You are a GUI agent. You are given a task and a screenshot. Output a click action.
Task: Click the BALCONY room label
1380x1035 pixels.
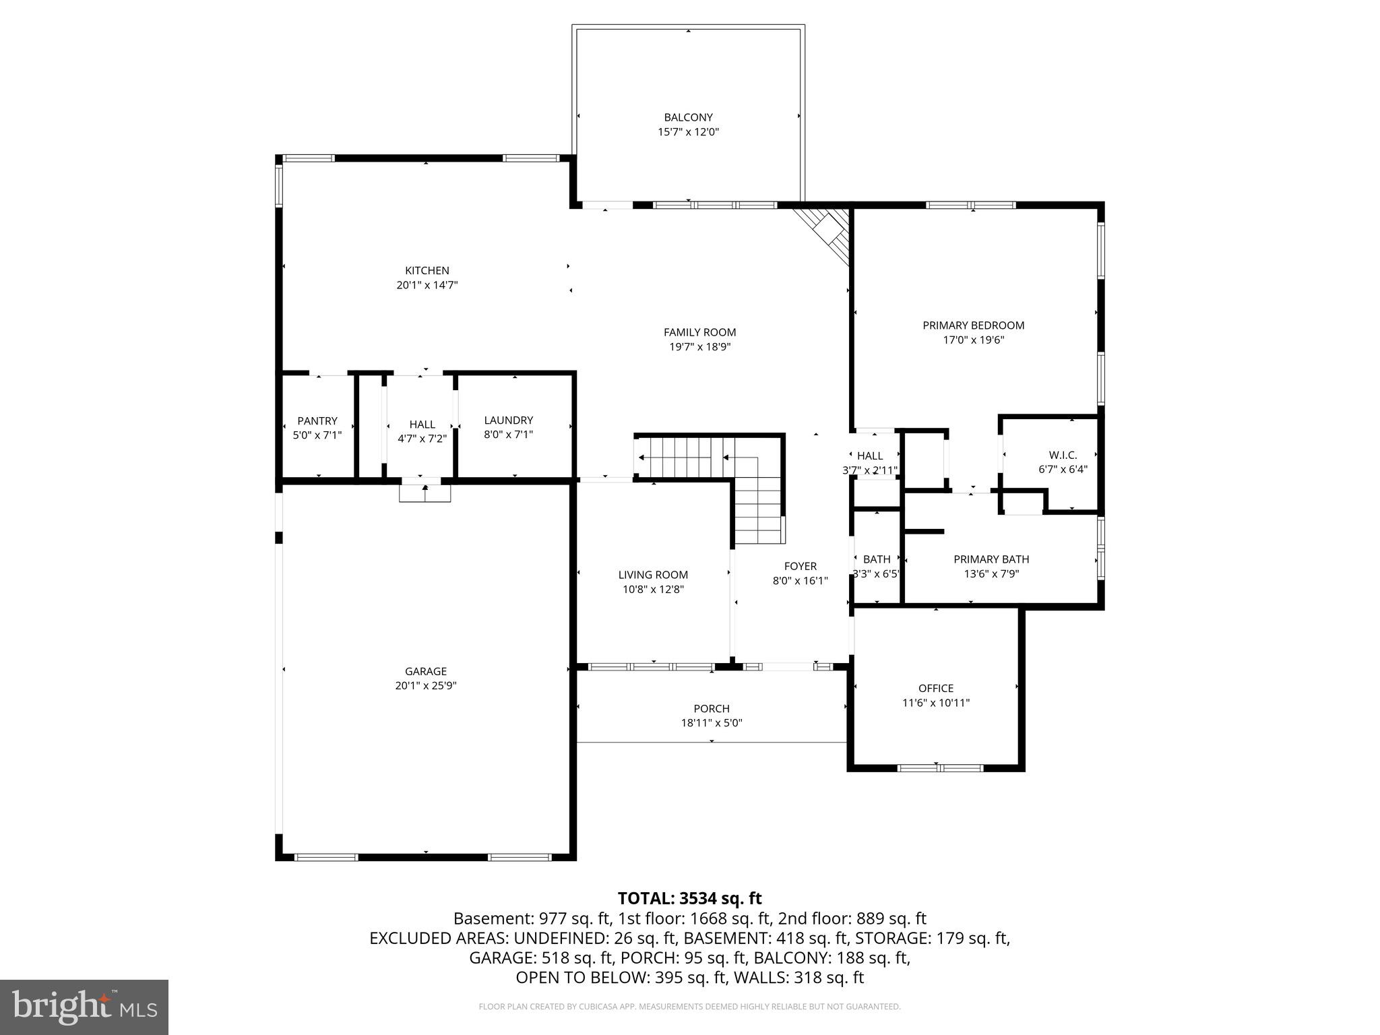pos(688,117)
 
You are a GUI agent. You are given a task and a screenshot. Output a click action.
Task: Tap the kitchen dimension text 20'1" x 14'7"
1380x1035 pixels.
pos(427,285)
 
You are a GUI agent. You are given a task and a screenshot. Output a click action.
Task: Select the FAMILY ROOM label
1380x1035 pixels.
pos(699,332)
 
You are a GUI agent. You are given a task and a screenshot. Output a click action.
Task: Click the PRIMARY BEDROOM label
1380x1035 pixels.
pos(973,325)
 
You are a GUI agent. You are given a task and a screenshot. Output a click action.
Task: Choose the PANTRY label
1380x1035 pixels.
pos(317,421)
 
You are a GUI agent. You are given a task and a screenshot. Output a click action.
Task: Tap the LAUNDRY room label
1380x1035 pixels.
pos(508,420)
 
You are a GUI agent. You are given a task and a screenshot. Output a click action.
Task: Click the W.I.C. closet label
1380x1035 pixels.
pos(1063,455)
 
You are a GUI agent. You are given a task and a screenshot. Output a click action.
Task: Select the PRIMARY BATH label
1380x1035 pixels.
pos(991,559)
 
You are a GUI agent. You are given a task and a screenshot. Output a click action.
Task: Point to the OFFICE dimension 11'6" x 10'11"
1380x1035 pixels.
pos(935,703)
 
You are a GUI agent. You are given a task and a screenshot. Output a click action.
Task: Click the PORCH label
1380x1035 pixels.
pos(712,709)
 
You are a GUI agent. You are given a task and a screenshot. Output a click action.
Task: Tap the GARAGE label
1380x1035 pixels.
pos(425,671)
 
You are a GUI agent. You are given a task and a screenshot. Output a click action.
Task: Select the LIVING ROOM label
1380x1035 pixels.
pos(653,575)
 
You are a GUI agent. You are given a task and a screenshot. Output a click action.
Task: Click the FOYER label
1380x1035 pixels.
pos(800,567)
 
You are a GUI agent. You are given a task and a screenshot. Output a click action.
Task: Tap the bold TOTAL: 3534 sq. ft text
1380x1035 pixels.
pos(689,898)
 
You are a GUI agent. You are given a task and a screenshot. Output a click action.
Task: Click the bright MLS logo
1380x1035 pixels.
pos(84,1007)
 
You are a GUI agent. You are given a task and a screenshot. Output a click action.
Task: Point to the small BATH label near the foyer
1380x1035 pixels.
pos(876,559)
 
